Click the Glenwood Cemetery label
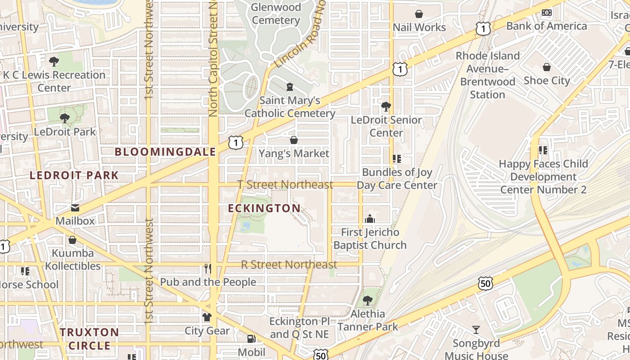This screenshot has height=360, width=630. [276, 14]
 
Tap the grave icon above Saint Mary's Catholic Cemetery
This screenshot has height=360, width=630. [290, 86]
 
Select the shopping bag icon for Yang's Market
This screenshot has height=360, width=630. [294, 140]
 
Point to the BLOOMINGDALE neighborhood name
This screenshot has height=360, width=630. [165, 152]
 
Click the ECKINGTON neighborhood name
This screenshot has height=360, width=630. [264, 208]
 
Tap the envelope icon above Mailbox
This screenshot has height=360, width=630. [75, 208]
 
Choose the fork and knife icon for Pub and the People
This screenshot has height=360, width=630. [207, 269]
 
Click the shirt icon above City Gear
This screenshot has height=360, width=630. [207, 317]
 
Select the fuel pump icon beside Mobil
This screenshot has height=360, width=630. [251, 339]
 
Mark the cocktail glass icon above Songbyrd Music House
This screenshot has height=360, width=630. [476, 330]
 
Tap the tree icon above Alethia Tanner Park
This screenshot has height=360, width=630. [368, 300]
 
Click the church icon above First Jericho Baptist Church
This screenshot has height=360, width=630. [370, 219]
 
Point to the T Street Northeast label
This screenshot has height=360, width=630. [285, 184]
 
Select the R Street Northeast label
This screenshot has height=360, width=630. [289, 265]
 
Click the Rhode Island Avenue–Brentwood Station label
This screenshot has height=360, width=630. [488, 75]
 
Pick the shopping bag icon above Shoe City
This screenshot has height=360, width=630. [547, 67]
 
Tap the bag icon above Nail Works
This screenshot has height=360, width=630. [419, 14]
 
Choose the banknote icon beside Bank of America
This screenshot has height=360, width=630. [547, 13]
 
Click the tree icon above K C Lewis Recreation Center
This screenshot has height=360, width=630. [54, 61]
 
